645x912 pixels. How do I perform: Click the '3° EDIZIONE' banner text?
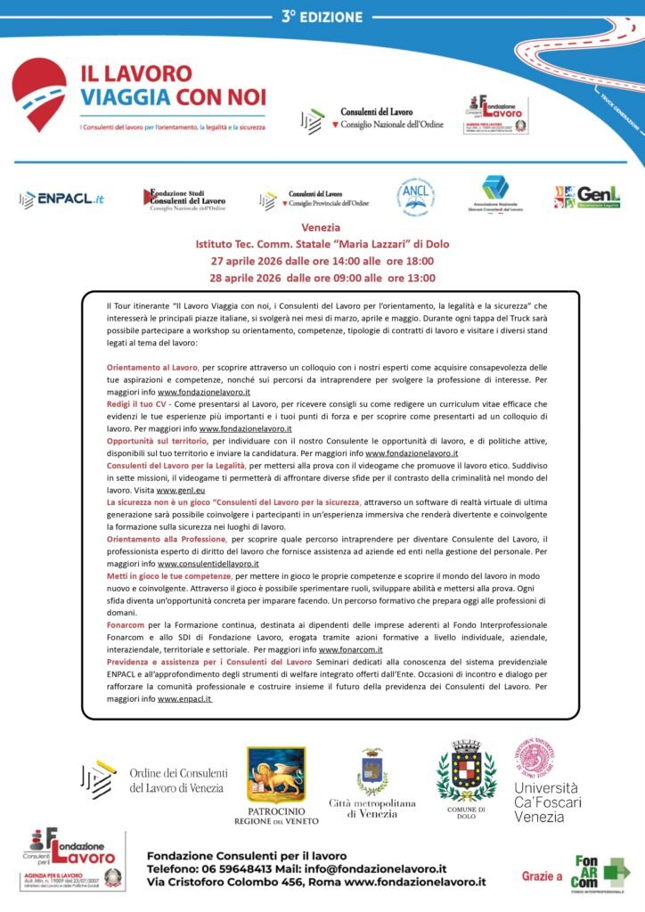click(x=322, y=16)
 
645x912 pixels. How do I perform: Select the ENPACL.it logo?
click(x=61, y=199)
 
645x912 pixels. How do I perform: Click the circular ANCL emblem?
click(x=415, y=197)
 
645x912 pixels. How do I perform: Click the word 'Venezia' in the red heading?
click(x=321, y=228)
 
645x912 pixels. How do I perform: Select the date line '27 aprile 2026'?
click(x=322, y=261)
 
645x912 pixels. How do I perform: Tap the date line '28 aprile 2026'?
click(x=322, y=278)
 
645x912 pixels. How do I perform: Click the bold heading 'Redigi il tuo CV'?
click(x=136, y=403)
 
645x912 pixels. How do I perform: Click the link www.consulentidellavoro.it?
click(x=208, y=564)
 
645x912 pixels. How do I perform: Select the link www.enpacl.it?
click(x=184, y=699)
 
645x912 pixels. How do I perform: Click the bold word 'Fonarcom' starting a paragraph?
click(x=126, y=626)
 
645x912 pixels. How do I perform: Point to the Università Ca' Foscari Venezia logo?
click(x=545, y=781)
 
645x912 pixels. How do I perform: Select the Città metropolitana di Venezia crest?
click(x=371, y=772)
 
